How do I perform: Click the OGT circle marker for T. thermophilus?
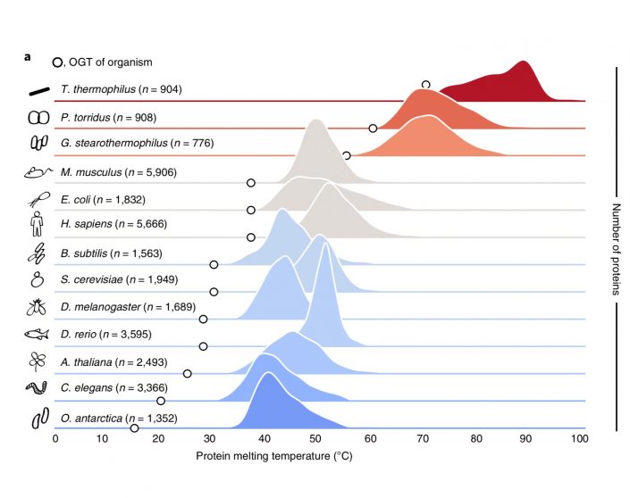(425, 84)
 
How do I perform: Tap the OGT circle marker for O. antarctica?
(134, 428)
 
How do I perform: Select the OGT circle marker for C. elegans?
(161, 401)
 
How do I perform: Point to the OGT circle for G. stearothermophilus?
(347, 155)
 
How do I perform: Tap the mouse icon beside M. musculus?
(38, 170)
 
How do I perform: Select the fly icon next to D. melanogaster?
(38, 307)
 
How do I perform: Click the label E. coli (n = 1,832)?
(113, 197)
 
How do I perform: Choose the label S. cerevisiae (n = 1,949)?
(124, 280)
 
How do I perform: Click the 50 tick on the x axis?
(315, 439)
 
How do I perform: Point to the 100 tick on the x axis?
(579, 439)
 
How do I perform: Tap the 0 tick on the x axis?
(55, 439)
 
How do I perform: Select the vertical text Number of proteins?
(616, 249)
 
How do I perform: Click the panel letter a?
(29, 58)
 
